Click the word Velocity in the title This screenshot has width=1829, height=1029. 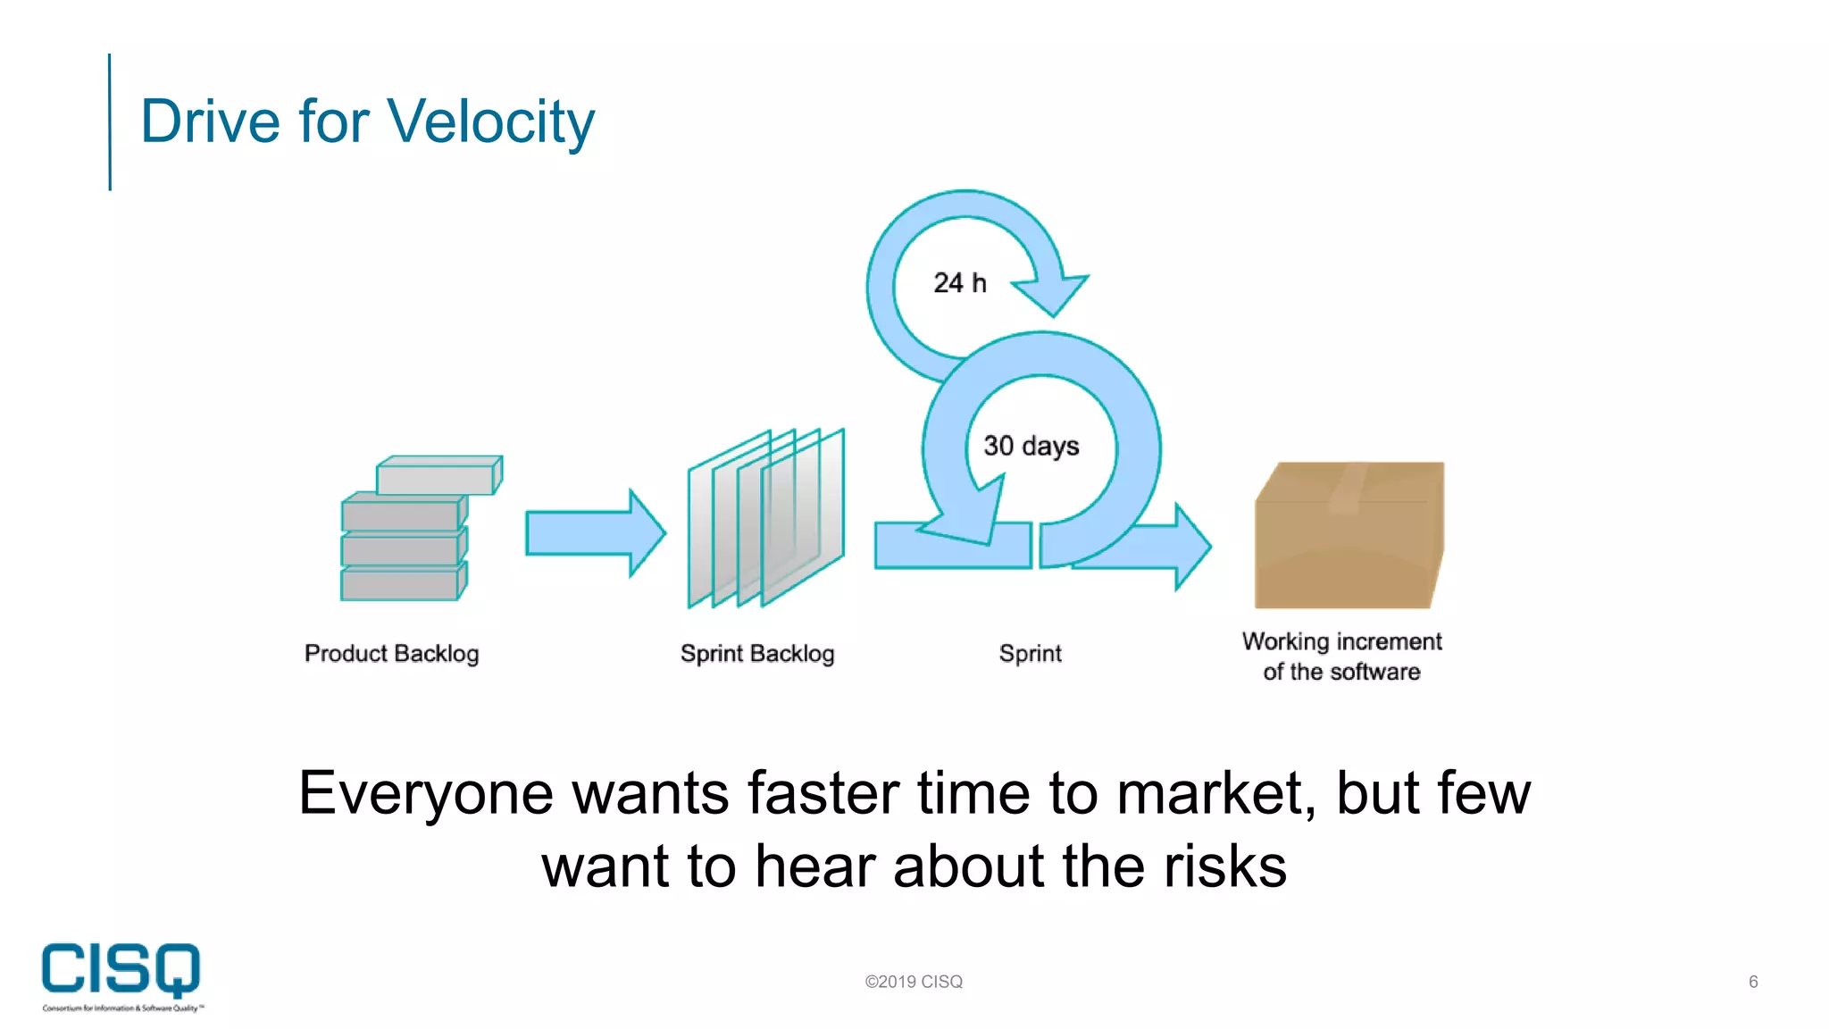(x=490, y=121)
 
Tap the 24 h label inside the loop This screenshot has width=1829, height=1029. (x=960, y=283)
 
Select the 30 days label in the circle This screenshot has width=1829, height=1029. (x=1031, y=445)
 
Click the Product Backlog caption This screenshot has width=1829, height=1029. (x=391, y=654)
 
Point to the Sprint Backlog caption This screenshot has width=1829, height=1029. (x=756, y=654)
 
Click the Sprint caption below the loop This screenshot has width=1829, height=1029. (x=1030, y=654)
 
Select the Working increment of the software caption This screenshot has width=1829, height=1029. (x=1341, y=657)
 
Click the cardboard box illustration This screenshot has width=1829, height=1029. (x=1348, y=536)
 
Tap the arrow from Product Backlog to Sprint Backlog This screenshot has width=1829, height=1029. (x=594, y=533)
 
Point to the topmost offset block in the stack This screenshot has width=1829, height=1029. (x=438, y=475)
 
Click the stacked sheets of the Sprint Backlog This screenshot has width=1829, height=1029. (x=765, y=518)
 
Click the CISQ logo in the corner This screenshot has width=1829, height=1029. (x=121, y=974)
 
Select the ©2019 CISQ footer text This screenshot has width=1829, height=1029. (x=914, y=982)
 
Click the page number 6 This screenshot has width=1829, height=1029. (x=1752, y=982)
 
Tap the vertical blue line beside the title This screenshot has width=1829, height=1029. (x=110, y=121)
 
